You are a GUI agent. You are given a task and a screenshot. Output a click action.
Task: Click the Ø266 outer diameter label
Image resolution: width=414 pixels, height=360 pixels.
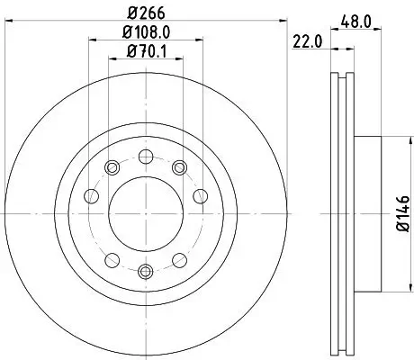146,14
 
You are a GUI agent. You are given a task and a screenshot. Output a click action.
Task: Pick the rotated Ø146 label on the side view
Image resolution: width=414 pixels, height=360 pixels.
402,216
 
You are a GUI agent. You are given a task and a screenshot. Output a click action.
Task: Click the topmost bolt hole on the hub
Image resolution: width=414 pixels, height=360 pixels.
145,156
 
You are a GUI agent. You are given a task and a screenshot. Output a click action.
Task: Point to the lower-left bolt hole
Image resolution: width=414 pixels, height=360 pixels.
112,260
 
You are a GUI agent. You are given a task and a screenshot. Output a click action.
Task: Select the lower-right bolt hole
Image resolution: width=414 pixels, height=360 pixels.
178,260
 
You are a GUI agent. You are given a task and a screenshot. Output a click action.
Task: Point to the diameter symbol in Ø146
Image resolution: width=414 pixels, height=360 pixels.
402,231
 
